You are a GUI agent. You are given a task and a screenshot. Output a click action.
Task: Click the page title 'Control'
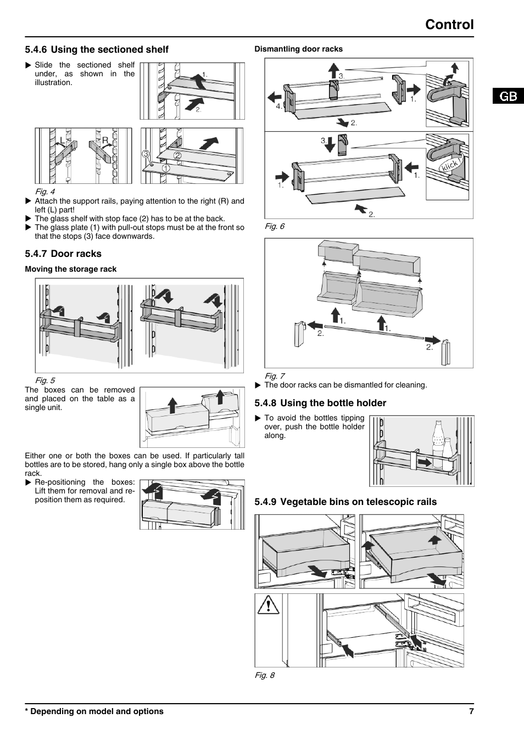click(449, 25)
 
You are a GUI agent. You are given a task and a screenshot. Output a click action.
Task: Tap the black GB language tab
click(508, 96)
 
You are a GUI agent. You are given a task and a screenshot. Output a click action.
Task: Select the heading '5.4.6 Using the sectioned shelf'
click(97, 49)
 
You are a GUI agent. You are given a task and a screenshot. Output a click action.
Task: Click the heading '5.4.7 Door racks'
click(63, 254)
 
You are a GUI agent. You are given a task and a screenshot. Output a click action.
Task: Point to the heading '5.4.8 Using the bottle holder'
click(320, 403)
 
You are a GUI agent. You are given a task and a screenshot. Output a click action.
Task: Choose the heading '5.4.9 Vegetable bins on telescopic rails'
click(345, 502)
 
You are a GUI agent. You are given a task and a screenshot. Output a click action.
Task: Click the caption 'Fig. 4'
click(45, 192)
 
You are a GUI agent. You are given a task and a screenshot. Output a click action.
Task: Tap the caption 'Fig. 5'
click(45, 380)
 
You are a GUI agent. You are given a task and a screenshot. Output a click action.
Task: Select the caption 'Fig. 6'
click(275, 226)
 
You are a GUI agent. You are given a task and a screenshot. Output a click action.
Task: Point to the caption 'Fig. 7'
click(275, 376)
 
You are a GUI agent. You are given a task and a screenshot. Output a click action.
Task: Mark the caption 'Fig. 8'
click(264, 675)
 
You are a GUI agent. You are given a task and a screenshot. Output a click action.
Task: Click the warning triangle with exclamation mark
click(268, 605)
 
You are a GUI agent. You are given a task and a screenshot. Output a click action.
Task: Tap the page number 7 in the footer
click(471, 711)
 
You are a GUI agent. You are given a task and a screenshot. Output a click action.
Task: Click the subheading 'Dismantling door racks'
click(298, 49)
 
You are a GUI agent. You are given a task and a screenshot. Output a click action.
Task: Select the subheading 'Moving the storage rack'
click(71, 269)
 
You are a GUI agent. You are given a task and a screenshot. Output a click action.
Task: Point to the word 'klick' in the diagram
click(449, 166)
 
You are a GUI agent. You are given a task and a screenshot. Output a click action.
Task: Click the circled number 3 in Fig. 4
click(146, 154)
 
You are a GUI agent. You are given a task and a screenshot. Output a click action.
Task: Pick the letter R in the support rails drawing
click(105, 141)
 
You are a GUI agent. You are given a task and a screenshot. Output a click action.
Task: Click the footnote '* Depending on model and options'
click(94, 711)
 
